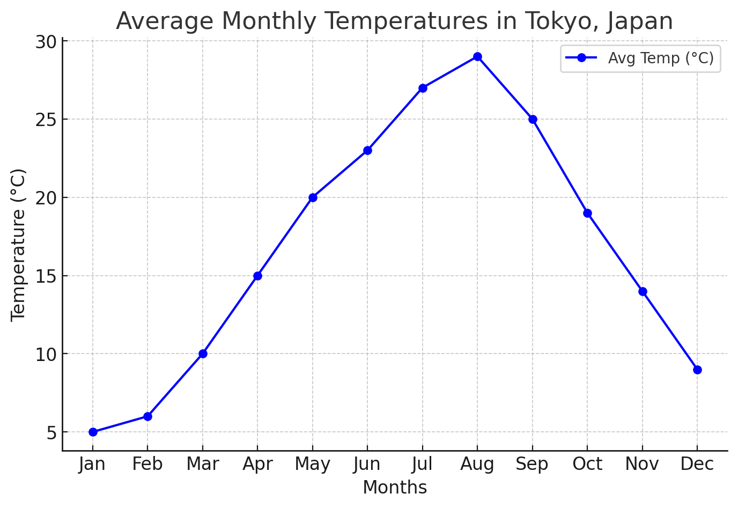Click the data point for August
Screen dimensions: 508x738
point(477,57)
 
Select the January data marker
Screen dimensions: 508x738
point(93,432)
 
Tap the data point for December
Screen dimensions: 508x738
point(697,370)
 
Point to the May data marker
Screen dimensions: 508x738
point(313,197)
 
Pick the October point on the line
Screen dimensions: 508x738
point(587,213)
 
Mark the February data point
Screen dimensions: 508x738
point(147,416)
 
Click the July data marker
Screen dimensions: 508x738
point(423,88)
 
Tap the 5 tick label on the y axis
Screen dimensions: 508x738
point(51,432)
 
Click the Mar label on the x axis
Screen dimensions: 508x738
point(203,464)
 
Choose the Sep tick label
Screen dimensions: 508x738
point(532,464)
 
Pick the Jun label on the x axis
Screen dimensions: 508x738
point(367,464)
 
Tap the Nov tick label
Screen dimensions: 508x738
point(642,464)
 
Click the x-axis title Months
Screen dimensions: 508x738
point(395,488)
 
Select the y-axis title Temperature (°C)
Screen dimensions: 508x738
point(18,245)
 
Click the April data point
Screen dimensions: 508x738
point(257,276)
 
